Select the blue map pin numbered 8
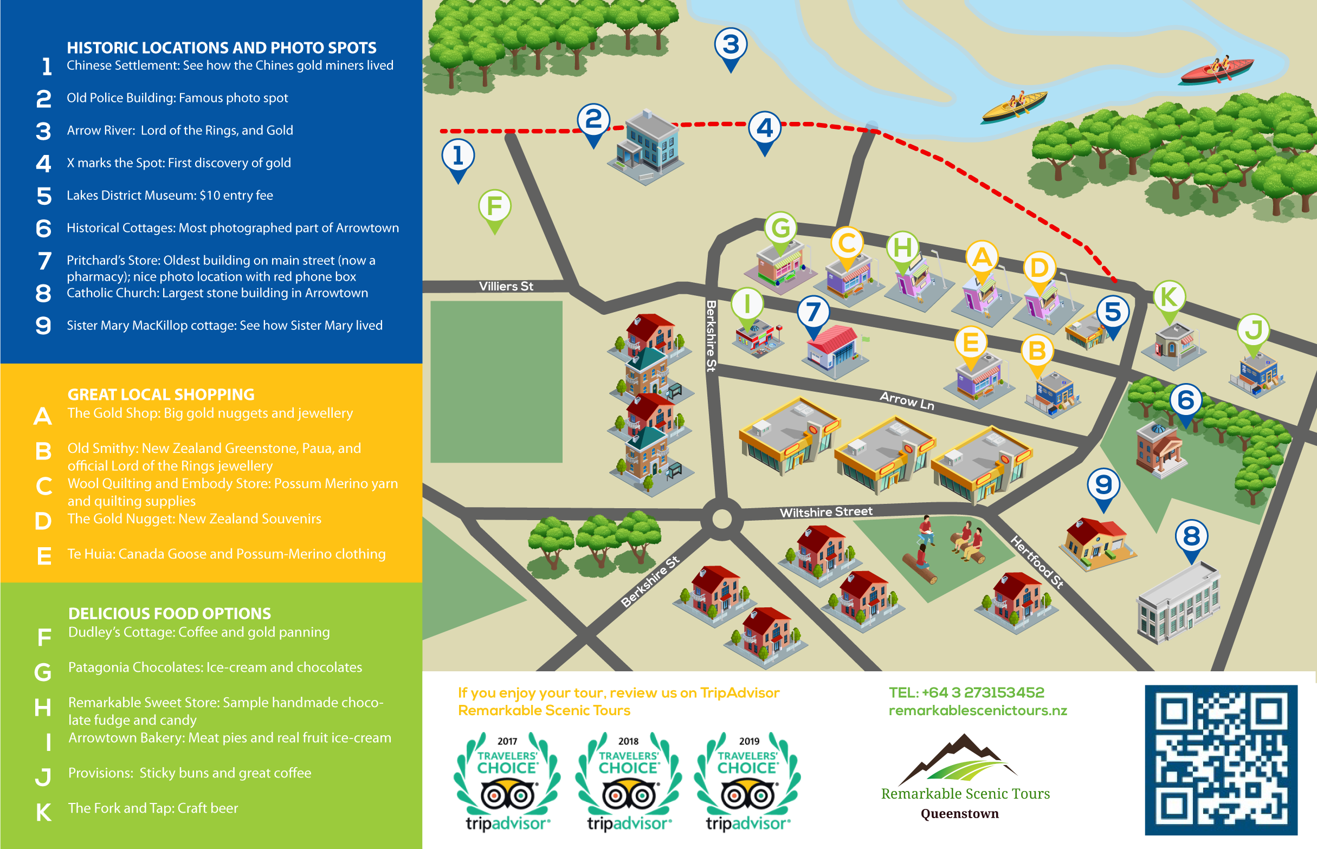pyautogui.click(x=1191, y=537)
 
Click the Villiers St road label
pyautogui.click(x=506, y=286)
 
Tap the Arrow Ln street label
pyautogui.click(x=907, y=401)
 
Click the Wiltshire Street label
pyautogui.click(x=825, y=512)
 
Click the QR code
pyautogui.click(x=1221, y=760)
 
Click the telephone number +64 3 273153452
pyautogui.click(x=966, y=692)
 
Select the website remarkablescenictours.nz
pyautogui.click(x=977, y=711)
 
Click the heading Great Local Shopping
pyautogui.click(x=161, y=395)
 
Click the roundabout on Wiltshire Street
pyautogui.click(x=721, y=519)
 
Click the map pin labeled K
pyautogui.click(x=1168, y=298)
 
